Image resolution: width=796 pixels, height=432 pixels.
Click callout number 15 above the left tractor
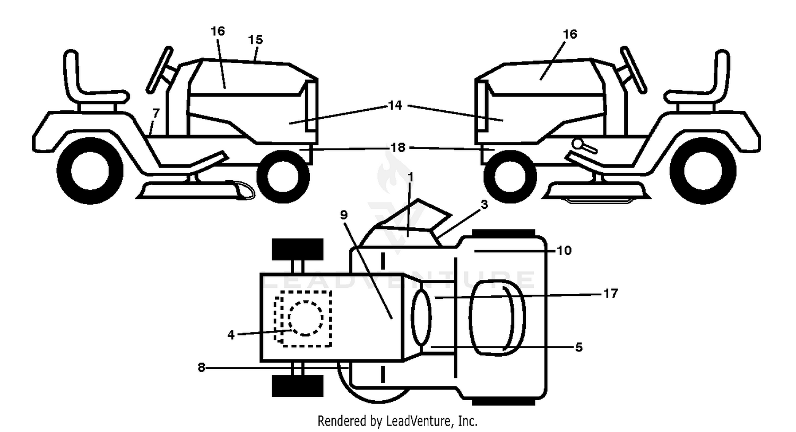point(255,39)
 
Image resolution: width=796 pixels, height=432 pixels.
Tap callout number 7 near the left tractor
point(155,113)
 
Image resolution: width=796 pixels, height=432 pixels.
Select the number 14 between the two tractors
point(395,105)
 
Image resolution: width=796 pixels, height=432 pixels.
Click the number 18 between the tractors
point(398,147)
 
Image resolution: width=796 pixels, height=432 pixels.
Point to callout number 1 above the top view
point(411,177)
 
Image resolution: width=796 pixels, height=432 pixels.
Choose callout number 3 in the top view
point(484,205)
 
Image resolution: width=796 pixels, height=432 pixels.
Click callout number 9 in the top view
point(344,215)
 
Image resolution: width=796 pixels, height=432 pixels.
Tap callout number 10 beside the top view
point(564,251)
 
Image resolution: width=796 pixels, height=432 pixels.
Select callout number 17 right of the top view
point(611,293)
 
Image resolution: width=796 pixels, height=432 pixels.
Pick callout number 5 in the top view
point(579,347)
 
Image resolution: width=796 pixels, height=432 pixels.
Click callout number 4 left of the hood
point(231,335)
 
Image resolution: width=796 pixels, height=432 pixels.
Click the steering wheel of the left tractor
point(160,69)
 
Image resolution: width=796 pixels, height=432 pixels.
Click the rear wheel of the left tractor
point(90,171)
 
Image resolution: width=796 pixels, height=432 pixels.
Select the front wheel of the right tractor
point(511,177)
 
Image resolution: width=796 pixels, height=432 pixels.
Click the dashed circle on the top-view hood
point(306,318)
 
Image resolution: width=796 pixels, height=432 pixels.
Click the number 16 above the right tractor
point(570,34)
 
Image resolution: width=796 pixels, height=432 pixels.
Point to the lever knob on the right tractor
point(578,144)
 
